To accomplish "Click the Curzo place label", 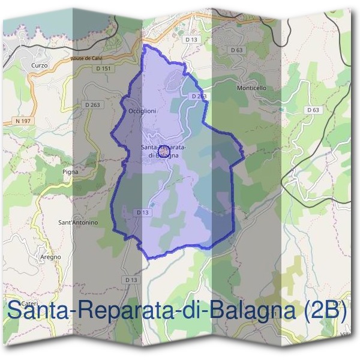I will [37, 65].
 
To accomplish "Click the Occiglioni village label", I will [143, 111].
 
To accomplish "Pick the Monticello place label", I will [251, 88].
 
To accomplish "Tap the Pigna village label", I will [70, 172].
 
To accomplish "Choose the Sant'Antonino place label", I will [77, 223].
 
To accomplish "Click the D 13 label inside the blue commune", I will [142, 212].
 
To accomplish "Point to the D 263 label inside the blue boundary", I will [199, 96].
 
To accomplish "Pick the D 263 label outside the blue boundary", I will [93, 104].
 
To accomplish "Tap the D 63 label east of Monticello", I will [312, 110].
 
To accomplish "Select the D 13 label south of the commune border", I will [131, 280].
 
